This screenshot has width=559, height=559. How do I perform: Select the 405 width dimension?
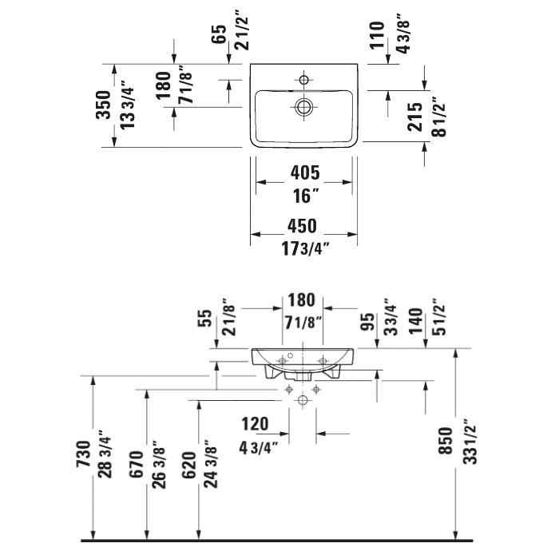(x=304, y=172)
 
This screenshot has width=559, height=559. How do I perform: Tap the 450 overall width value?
(x=304, y=225)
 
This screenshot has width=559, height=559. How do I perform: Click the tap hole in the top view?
(x=304, y=79)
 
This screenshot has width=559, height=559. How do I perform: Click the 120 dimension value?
(x=255, y=424)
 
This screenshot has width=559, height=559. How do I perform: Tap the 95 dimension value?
(x=369, y=321)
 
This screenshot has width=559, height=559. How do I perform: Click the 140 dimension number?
(x=414, y=318)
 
